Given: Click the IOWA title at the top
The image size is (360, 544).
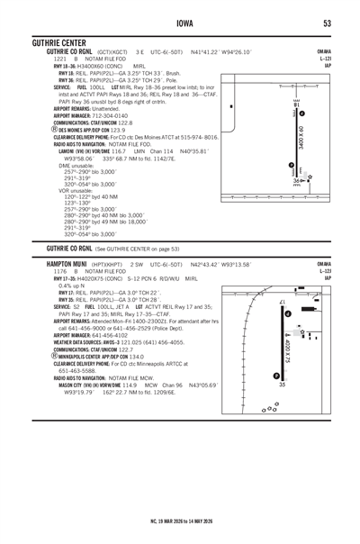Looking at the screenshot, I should tap(180, 23).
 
